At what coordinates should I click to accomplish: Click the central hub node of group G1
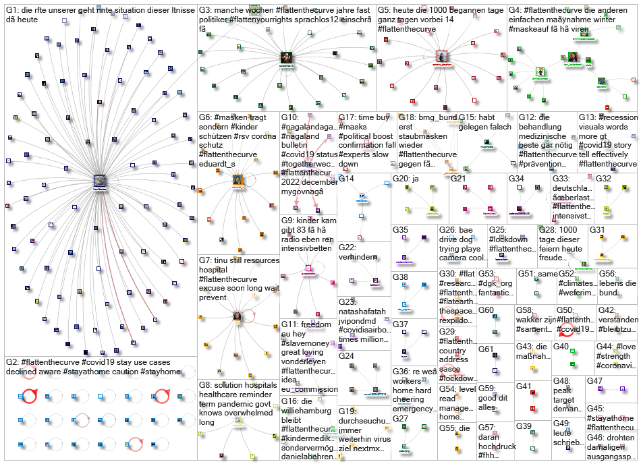pos(99,180)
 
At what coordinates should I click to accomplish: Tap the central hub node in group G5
pos(442,57)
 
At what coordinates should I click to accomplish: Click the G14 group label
pos(346,179)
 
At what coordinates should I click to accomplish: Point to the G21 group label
pos(459,179)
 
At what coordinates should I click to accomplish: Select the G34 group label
pos(517,179)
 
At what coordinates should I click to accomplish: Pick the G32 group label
pos(603,179)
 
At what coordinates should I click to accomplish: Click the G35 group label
pos(400,230)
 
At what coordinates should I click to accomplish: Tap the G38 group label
pos(400,277)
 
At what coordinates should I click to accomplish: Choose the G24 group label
pos(346,355)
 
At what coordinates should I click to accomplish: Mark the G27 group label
pos(400,418)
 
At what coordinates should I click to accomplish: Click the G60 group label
pos(486,310)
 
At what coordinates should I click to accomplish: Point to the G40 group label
pos(561,347)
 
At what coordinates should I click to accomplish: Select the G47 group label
pos(594,381)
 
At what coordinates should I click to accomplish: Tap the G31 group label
pos(597,230)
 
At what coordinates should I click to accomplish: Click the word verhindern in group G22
pos(358,257)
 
